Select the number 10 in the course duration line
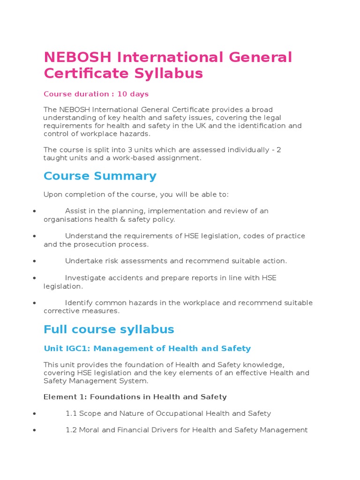point(122,94)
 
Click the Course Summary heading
point(100,176)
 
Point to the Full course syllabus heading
point(109,330)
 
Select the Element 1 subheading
point(135,397)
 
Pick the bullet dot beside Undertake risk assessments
point(35,261)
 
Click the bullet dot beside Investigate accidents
point(35,278)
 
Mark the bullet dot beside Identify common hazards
point(35,303)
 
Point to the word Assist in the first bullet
point(75,211)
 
